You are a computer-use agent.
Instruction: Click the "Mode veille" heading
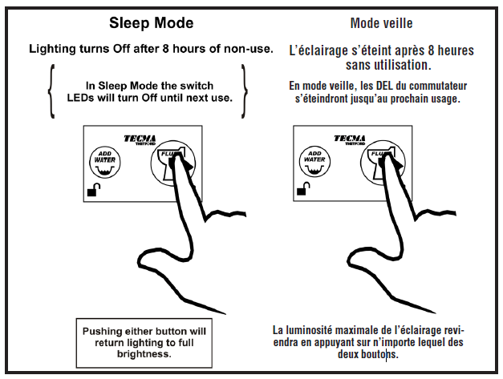pyautogui.click(x=383, y=22)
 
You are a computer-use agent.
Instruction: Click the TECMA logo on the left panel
pyautogui.click(x=140, y=137)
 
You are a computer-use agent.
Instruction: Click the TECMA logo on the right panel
pyautogui.click(x=351, y=138)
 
